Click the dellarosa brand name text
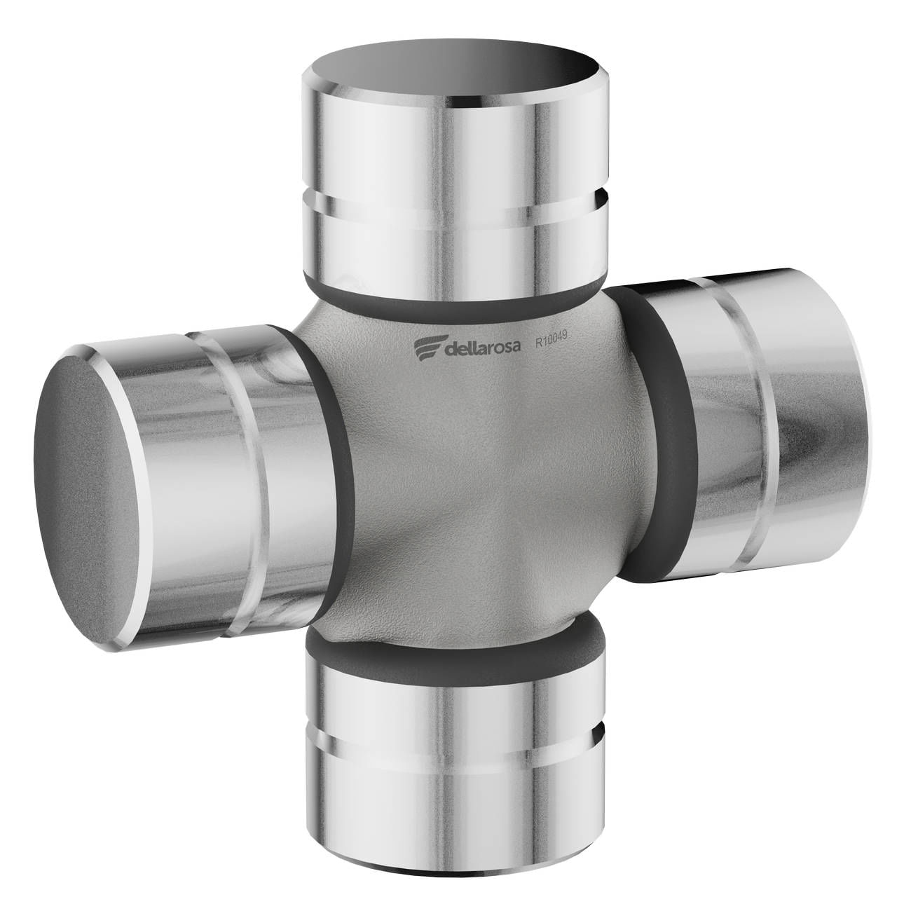[483, 348]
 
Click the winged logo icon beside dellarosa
[429, 348]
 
